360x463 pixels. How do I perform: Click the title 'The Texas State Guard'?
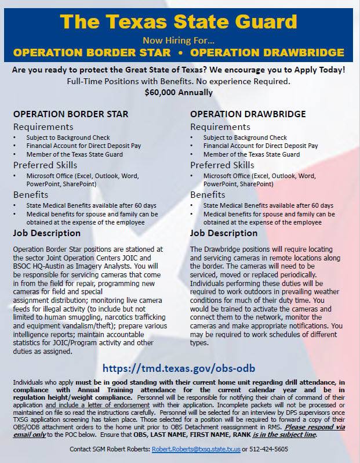coord(180,21)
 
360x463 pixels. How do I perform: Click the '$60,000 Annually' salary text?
coord(180,92)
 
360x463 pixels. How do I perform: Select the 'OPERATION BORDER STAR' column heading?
coord(71,114)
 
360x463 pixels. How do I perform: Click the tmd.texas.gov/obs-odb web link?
coord(180,368)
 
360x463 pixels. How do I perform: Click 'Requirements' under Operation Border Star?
coord(43,126)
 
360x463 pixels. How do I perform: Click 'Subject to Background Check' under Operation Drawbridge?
coord(245,138)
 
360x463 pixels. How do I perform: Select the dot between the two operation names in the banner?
coord(180,53)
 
